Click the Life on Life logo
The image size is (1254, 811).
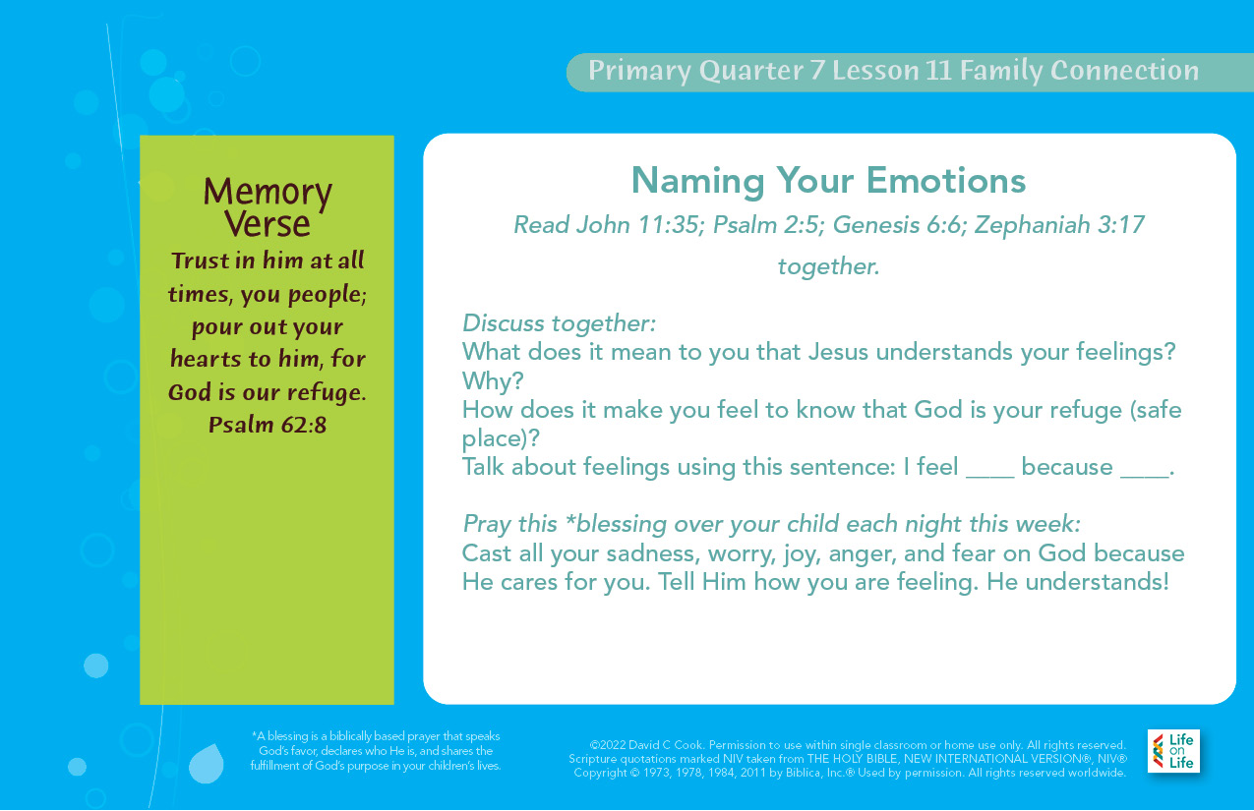(1172, 751)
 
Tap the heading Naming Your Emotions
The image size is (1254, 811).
(828, 181)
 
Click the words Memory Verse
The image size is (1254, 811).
(268, 207)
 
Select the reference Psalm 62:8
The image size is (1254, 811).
(268, 425)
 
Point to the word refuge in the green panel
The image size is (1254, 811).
(326, 392)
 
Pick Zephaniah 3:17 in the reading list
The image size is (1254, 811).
(1059, 225)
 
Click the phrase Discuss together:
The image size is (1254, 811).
(559, 323)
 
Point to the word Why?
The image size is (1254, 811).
(493, 381)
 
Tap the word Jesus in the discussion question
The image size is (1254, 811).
(839, 352)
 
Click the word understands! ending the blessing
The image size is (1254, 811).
(1098, 582)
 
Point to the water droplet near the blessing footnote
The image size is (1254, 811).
(207, 763)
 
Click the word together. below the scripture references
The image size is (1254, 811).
(828, 266)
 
